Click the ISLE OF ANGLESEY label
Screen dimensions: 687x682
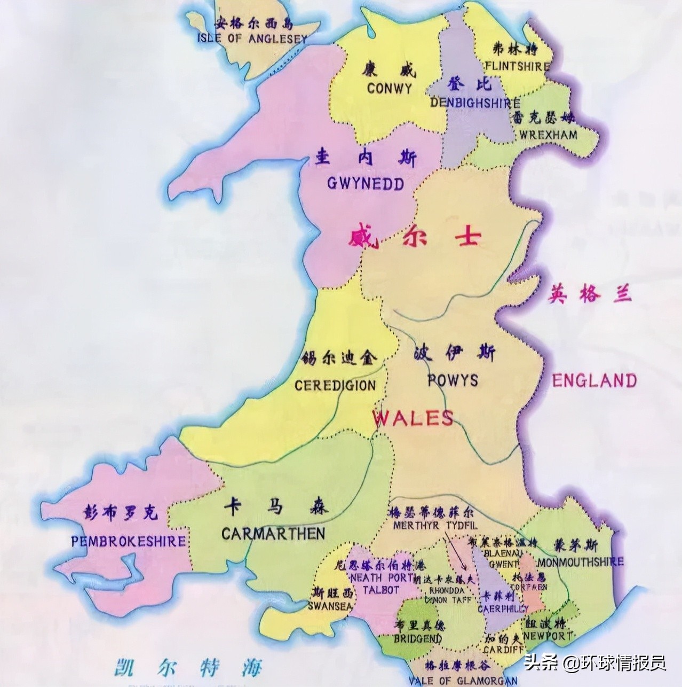[252, 38]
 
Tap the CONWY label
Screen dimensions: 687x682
[390, 88]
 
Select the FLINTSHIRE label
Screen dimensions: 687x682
[517, 67]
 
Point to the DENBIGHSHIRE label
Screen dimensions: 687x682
[475, 103]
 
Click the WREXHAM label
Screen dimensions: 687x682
[546, 134]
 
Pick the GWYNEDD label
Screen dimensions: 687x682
[365, 184]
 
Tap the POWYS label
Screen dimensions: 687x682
[453, 380]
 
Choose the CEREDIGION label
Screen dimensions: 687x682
[335, 385]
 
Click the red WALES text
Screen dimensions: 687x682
[413, 418]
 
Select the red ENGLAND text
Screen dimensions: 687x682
[594, 381]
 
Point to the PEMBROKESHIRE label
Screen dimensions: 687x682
[129, 541]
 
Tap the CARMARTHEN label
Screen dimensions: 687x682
[273, 533]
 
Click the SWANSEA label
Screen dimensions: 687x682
[330, 606]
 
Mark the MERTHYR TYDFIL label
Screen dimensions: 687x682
[435, 526]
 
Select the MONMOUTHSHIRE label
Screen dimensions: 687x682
[580, 562]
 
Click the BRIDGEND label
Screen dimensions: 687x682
[418, 639]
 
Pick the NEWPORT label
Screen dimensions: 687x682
[548, 636]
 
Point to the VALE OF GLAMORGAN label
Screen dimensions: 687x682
[463, 680]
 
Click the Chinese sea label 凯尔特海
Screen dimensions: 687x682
[188, 668]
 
